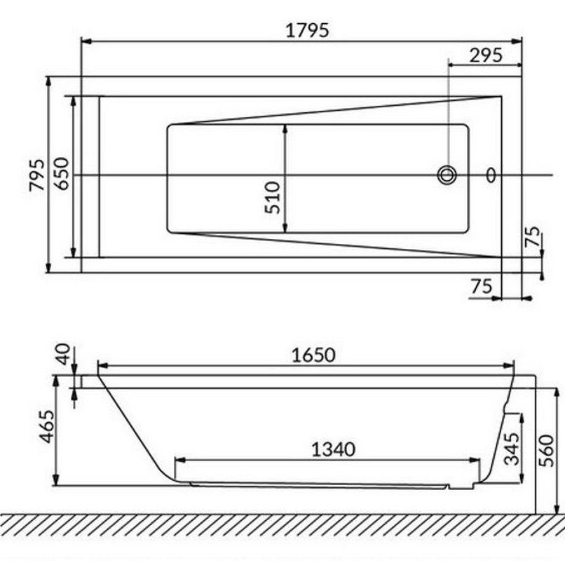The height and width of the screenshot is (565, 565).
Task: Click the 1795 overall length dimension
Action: click(307, 30)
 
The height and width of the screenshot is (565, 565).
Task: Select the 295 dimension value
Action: click(486, 56)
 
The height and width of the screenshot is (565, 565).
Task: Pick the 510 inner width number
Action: click(273, 197)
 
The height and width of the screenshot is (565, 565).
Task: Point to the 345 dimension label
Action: click(512, 449)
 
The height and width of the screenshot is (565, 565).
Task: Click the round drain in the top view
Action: click(447, 175)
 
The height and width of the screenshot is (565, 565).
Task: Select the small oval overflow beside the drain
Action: click(491, 175)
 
